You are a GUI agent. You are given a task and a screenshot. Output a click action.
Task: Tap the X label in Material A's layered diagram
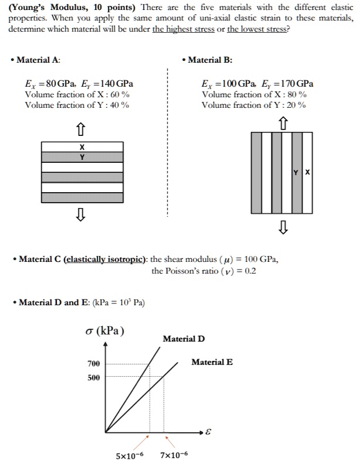pyautogui.click(x=82, y=146)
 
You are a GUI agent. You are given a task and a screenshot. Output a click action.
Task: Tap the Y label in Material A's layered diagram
pyautogui.click(x=82, y=157)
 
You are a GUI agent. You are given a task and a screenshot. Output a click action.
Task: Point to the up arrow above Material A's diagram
pyautogui.click(x=82, y=127)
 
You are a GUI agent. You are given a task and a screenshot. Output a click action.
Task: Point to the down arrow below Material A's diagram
pyautogui.click(x=82, y=217)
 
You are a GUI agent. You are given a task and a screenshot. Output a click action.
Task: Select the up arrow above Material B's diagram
pyautogui.click(x=284, y=122)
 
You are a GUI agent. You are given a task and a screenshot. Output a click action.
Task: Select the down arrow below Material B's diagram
pyautogui.click(x=284, y=226)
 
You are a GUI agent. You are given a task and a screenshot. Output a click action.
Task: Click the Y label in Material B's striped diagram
pyautogui.click(x=297, y=172)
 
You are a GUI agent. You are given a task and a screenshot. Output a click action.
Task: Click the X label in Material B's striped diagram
pyautogui.click(x=308, y=172)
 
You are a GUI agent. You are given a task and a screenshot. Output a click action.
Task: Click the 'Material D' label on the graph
pyautogui.click(x=184, y=339)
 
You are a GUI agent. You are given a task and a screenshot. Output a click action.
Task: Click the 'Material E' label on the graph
pyautogui.click(x=212, y=362)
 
